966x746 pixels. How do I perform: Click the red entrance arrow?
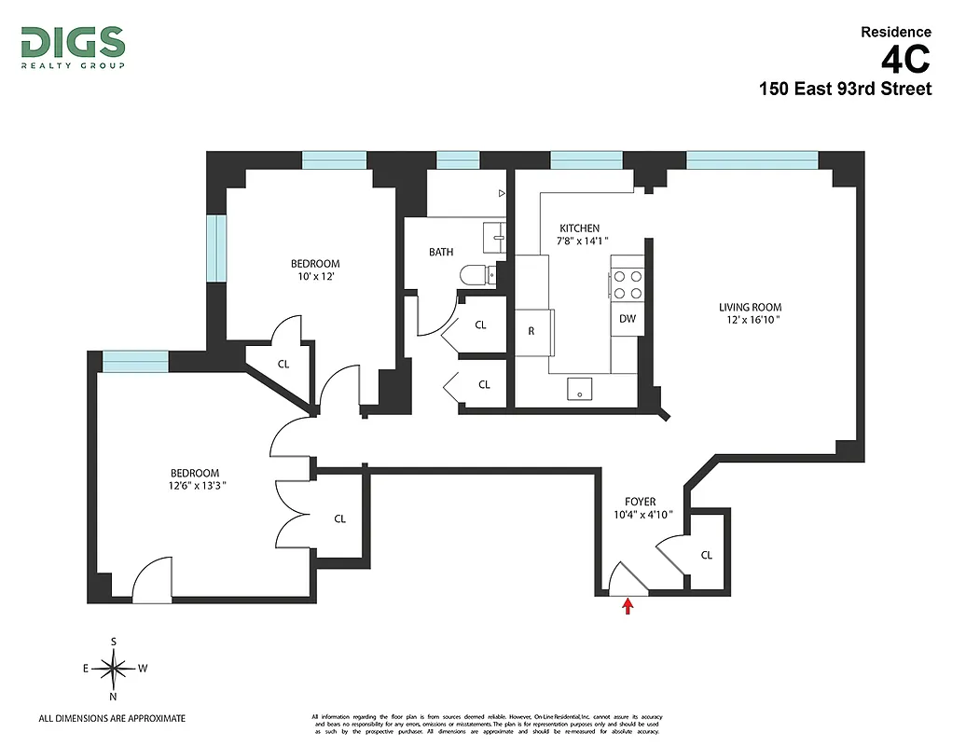(x=628, y=607)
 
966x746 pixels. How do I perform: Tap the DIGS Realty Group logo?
(x=73, y=47)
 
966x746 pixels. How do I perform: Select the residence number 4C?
(x=904, y=61)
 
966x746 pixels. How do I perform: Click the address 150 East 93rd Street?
(x=845, y=90)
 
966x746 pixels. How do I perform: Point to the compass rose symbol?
(x=114, y=668)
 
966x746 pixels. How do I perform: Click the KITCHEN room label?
(x=579, y=228)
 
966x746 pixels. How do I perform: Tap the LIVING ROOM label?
(x=750, y=308)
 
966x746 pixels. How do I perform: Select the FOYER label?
(x=641, y=502)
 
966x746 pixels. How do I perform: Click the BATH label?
(x=441, y=252)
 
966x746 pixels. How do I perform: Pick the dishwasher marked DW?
(x=628, y=319)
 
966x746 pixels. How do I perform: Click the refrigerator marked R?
(x=531, y=330)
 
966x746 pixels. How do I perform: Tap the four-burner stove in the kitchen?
(x=628, y=283)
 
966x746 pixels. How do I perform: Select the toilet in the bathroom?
(x=479, y=275)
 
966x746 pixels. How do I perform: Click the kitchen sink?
(x=580, y=390)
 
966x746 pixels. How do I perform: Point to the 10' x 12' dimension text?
(x=315, y=277)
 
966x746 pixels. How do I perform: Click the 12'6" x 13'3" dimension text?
(x=194, y=485)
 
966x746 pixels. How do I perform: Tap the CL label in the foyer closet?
(x=706, y=555)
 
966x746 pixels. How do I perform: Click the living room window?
(x=752, y=159)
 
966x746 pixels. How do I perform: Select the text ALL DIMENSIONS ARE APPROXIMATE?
(x=112, y=718)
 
